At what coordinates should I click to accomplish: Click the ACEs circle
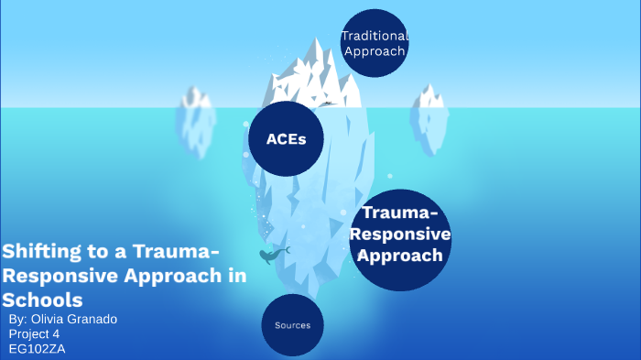286,139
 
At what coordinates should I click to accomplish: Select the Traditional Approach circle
374,43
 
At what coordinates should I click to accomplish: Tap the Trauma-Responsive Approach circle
400,235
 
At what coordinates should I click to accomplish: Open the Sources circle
293,325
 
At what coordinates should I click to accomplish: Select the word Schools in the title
43,300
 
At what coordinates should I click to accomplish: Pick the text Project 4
39,333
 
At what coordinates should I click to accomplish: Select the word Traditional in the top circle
374,36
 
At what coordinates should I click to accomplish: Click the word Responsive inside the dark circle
400,235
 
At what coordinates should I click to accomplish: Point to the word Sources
293,325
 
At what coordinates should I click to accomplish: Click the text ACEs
286,139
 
